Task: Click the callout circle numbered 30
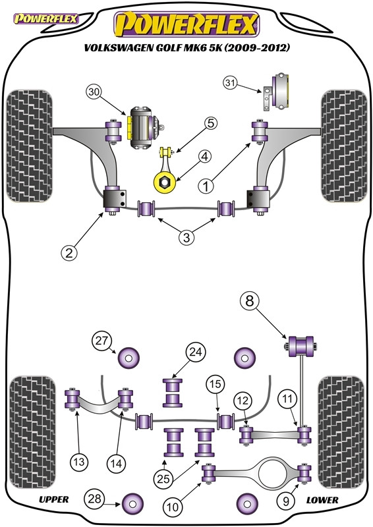(x=94, y=92)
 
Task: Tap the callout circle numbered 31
(x=231, y=83)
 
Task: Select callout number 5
(x=210, y=123)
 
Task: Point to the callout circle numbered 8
(x=249, y=301)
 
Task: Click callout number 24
(x=196, y=352)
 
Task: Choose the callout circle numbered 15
(x=215, y=384)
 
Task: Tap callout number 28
(x=94, y=499)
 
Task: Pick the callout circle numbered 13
(x=78, y=462)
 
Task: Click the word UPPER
(x=54, y=499)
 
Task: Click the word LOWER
(x=322, y=500)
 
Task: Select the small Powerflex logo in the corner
(x=45, y=18)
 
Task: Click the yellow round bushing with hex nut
(x=165, y=182)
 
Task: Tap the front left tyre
(x=29, y=146)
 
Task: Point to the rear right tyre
(x=341, y=433)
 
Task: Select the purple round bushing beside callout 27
(x=129, y=358)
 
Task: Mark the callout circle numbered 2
(x=69, y=252)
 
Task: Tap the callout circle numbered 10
(x=173, y=507)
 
